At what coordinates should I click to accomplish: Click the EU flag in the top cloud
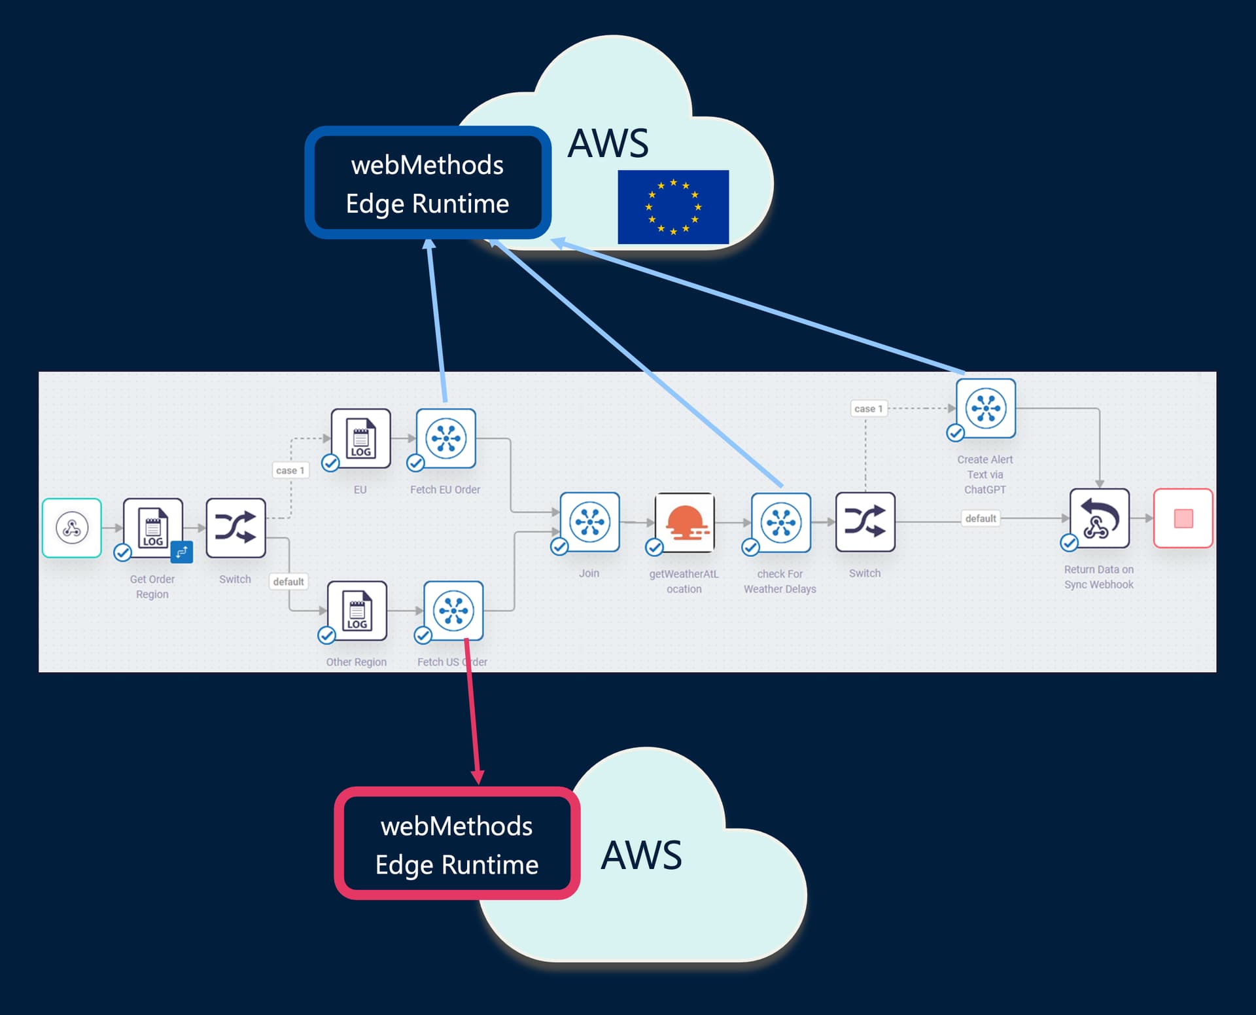coord(672,207)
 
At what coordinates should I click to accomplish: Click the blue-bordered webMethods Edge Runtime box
coord(427,183)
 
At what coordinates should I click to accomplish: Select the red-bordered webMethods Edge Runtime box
coord(457,844)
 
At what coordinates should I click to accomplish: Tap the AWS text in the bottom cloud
coord(641,855)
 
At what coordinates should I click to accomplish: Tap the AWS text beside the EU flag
coord(608,143)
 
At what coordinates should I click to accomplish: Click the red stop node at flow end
coord(1183,518)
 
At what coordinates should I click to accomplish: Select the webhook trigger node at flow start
coord(72,527)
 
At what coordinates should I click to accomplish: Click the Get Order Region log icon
coord(152,527)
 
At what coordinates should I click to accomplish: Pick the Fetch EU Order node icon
coord(445,438)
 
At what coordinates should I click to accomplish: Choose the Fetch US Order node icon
coord(453,611)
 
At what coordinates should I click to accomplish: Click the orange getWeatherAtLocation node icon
coord(684,522)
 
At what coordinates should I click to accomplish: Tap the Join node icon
coord(589,522)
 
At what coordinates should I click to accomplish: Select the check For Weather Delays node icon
coord(780,522)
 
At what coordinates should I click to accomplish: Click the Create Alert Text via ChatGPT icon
coord(986,408)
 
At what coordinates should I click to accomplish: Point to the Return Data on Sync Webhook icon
coord(1099,518)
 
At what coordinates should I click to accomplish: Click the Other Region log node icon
coord(357,611)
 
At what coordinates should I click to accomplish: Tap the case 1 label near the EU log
coord(290,470)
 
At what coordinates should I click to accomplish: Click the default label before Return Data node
coord(980,518)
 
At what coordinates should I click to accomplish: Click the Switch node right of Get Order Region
coord(235,527)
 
